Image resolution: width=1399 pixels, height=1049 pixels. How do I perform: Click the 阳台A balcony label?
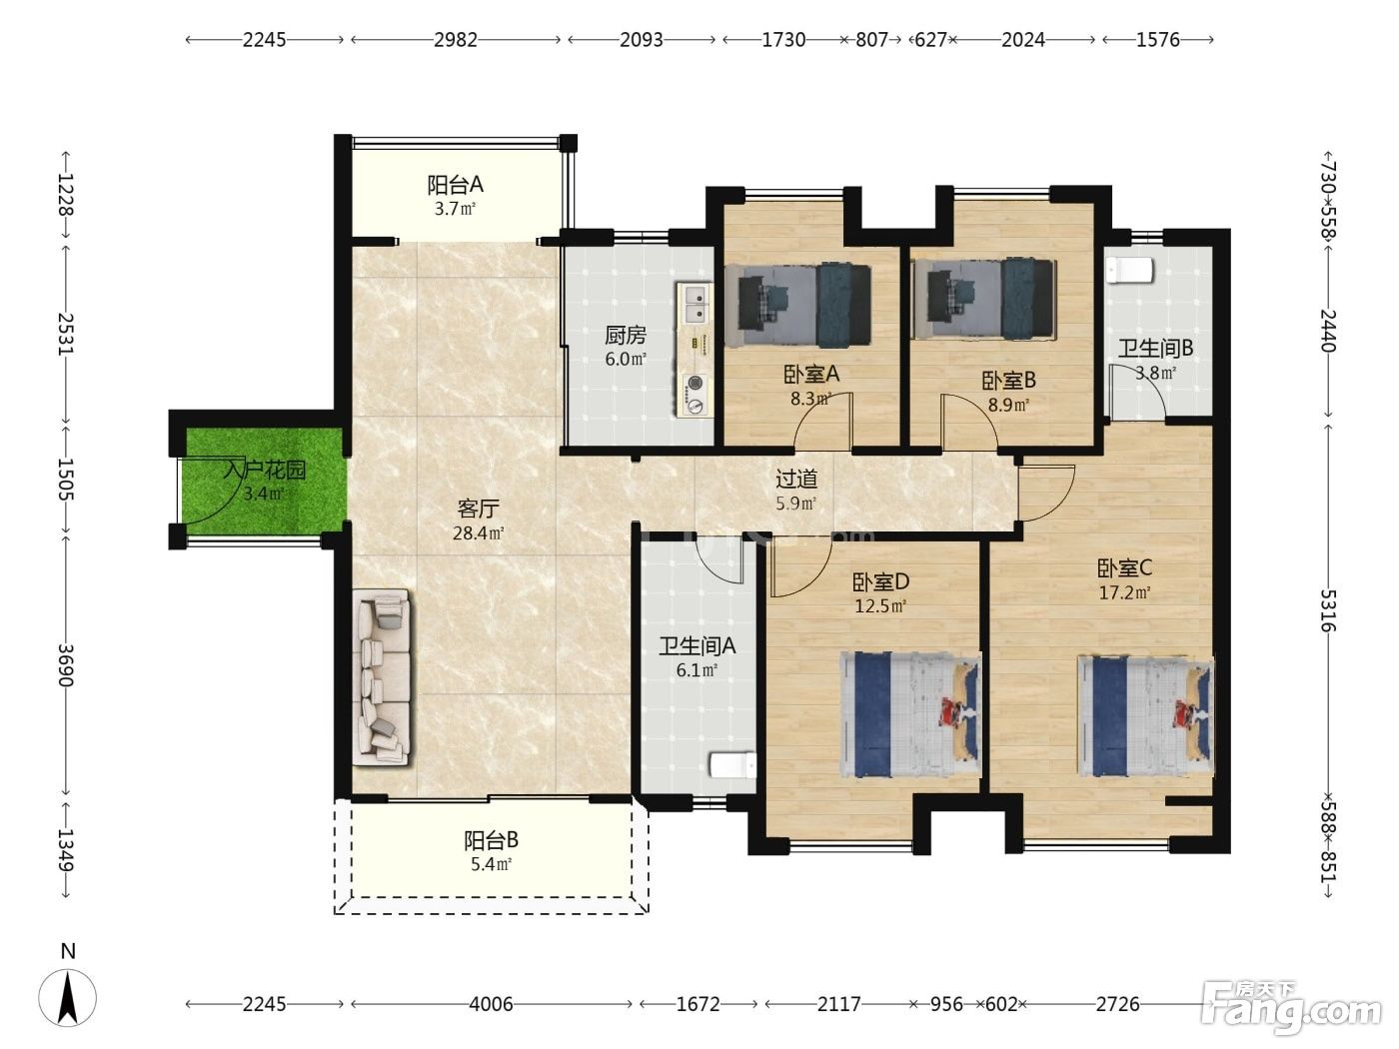455,185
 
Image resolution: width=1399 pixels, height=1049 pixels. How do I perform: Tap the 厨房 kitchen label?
626,335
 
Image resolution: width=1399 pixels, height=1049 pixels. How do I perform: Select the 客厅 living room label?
478,509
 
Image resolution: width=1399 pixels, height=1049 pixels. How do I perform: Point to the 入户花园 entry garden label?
265,471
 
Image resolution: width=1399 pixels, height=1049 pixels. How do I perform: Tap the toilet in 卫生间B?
1129,270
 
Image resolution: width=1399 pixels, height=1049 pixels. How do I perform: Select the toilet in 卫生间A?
732,765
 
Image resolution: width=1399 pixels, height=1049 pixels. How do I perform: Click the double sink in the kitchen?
696,304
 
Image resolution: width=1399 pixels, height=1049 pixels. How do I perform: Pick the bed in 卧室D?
910,714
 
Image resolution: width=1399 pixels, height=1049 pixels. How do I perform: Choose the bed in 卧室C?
1146,716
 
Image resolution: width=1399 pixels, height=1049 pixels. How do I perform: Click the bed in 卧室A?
804,306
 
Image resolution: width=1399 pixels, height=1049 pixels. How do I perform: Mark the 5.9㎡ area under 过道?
796,504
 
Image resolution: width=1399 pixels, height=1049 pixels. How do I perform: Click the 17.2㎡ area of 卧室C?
1124,593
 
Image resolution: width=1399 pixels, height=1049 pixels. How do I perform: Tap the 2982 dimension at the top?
455,40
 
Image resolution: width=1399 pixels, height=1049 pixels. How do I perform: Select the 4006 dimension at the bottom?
491,1004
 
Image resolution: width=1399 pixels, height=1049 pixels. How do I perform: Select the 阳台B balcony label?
491,840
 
